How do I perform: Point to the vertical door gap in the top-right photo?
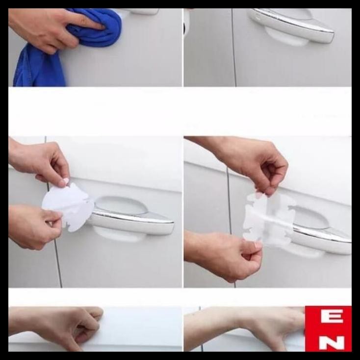tap(234, 49)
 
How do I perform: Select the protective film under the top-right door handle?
tap(287, 37)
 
